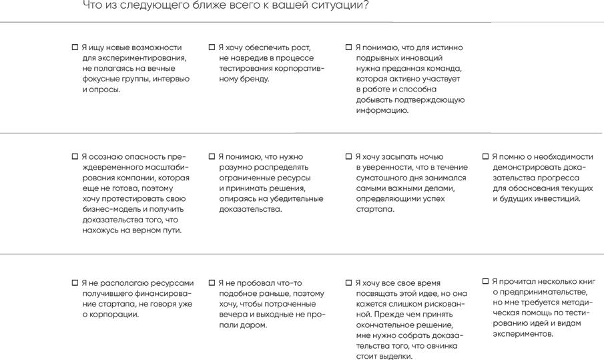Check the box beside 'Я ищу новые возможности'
[75, 47]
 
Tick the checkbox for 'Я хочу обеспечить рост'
[212, 47]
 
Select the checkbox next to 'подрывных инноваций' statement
[348, 47]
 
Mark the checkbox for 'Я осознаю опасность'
[75, 157]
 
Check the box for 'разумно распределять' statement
[212, 157]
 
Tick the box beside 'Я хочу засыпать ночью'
[348, 157]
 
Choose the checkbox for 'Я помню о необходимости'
[486, 157]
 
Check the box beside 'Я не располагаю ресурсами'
[75, 283]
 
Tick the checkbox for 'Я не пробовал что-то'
[212, 283]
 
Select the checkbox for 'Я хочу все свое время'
[348, 283]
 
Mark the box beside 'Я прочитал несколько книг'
[486, 281]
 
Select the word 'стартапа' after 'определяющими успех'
[375, 209]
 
